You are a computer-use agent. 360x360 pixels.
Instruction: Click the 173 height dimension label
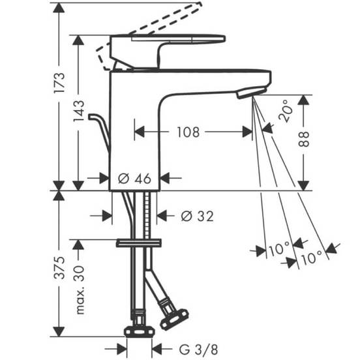coord(59,83)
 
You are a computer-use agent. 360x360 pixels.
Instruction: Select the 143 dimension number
coord(79,111)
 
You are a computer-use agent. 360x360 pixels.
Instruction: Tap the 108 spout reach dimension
coord(188,132)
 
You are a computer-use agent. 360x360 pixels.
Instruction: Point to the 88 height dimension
coord(304,139)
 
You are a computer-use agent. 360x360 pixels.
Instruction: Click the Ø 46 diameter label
coord(134,179)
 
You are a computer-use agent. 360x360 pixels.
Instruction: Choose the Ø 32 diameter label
coord(197,216)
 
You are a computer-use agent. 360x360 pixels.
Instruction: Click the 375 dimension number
coord(59,267)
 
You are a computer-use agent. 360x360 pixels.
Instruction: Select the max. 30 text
coord(79,290)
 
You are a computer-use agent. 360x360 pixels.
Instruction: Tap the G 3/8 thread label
coord(198,350)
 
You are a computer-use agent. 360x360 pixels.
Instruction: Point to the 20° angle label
coord(286,111)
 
